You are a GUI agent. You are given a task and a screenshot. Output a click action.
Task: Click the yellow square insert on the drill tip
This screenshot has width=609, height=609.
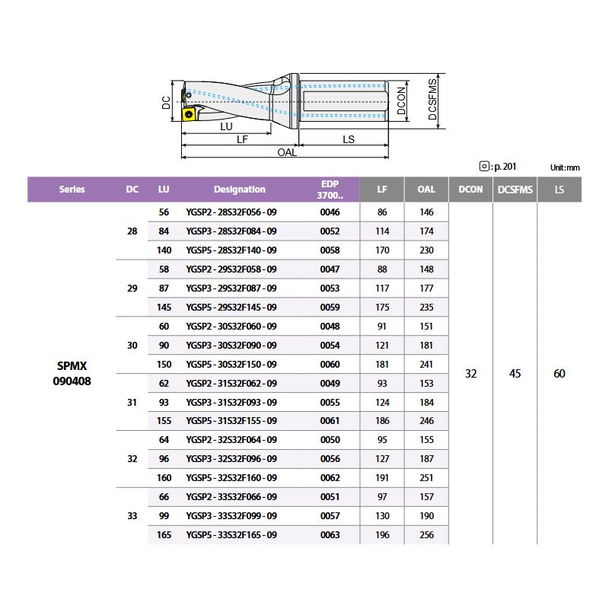pyautogui.click(x=189, y=114)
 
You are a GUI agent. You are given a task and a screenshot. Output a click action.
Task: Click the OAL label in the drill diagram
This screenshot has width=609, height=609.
pyautogui.click(x=287, y=152)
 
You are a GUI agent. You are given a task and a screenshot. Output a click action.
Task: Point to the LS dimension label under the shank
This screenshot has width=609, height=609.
pyautogui.click(x=349, y=139)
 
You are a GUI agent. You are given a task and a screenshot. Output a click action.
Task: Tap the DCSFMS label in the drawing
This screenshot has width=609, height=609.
pyautogui.click(x=432, y=100)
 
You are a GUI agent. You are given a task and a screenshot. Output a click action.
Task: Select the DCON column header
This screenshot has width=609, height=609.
pyautogui.click(x=470, y=190)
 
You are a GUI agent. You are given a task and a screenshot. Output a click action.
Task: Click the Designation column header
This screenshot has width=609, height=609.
pyautogui.click(x=240, y=190)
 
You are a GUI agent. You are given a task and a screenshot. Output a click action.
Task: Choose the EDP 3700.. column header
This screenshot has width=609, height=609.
pyautogui.click(x=330, y=190)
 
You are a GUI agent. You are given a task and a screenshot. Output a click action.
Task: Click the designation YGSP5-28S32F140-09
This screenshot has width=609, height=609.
pyautogui.click(x=231, y=250)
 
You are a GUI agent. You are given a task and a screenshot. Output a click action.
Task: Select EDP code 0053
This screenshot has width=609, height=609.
pyautogui.click(x=330, y=289)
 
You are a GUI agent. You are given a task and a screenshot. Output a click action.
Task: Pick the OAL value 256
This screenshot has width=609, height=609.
pyautogui.click(x=426, y=535)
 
